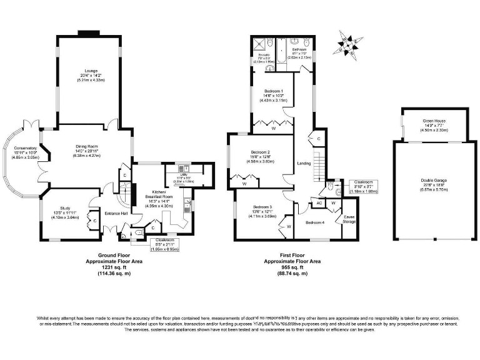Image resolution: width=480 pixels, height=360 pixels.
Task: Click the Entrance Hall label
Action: (116, 214)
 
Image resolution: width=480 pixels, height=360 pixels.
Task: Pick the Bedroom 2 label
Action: (260, 152)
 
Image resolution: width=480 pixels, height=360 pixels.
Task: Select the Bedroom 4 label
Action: (315, 222)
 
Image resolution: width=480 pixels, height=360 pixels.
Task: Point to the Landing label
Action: (304, 164)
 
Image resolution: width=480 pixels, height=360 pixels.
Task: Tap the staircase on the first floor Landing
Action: (319, 165)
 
